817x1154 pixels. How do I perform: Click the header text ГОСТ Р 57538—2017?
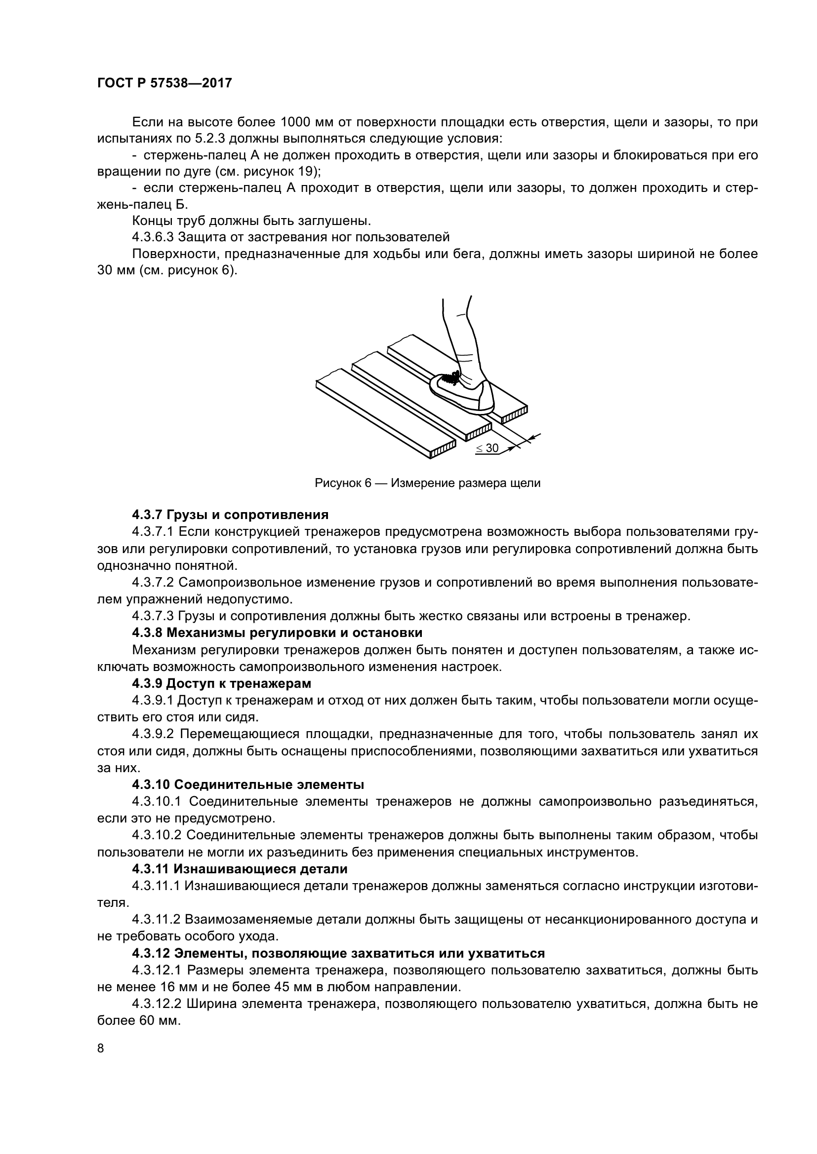pos(164,83)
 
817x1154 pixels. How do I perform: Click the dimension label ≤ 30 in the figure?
pos(487,448)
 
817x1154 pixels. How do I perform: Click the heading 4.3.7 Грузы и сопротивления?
pos(230,515)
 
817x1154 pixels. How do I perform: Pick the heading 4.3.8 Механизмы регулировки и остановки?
pos(277,633)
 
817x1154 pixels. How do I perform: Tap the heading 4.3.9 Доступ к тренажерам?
pos(221,683)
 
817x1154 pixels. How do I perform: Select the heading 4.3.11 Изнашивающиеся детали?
pos(240,869)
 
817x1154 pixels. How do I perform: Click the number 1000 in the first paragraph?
pos(296,122)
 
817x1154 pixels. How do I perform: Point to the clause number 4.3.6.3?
pos(153,237)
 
